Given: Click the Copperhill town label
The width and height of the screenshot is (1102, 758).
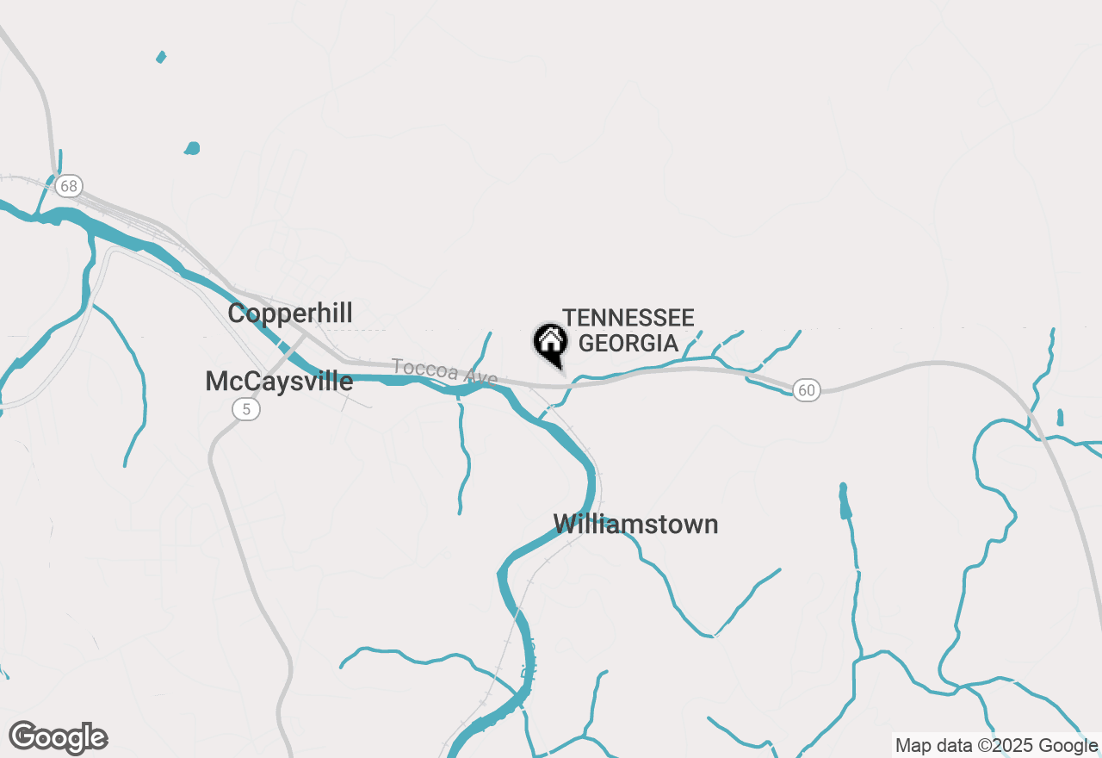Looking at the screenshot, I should [290, 313].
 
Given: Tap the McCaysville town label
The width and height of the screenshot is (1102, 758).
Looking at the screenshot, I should [279, 381].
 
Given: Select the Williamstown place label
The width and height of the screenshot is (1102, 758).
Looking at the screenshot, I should [635, 524].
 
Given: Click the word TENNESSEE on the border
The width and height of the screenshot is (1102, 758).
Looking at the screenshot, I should [628, 319].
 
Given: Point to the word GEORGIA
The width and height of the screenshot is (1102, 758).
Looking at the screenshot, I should [628, 343].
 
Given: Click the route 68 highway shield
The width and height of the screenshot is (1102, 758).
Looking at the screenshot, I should [69, 185].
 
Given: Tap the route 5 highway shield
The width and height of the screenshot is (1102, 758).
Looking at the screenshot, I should [246, 409].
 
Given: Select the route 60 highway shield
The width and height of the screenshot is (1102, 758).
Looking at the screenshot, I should [806, 390].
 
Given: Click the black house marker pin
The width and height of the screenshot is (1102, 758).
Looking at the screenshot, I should [550, 343].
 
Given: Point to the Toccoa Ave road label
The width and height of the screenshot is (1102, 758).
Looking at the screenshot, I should [444, 371].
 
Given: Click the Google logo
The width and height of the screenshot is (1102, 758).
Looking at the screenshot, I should [59, 737].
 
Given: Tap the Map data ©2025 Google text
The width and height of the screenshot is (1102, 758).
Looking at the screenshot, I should [997, 745].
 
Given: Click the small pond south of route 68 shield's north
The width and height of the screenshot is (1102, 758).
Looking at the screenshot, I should [192, 148].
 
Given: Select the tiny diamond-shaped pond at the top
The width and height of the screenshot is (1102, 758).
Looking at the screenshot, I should [160, 58].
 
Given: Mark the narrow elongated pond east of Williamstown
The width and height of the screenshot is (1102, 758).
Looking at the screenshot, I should [845, 500].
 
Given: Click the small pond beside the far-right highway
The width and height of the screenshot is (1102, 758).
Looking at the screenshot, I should [1059, 418].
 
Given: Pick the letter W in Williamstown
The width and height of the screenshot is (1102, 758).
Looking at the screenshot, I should [564, 524].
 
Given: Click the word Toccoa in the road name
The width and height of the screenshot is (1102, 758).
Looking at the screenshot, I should [422, 368].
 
